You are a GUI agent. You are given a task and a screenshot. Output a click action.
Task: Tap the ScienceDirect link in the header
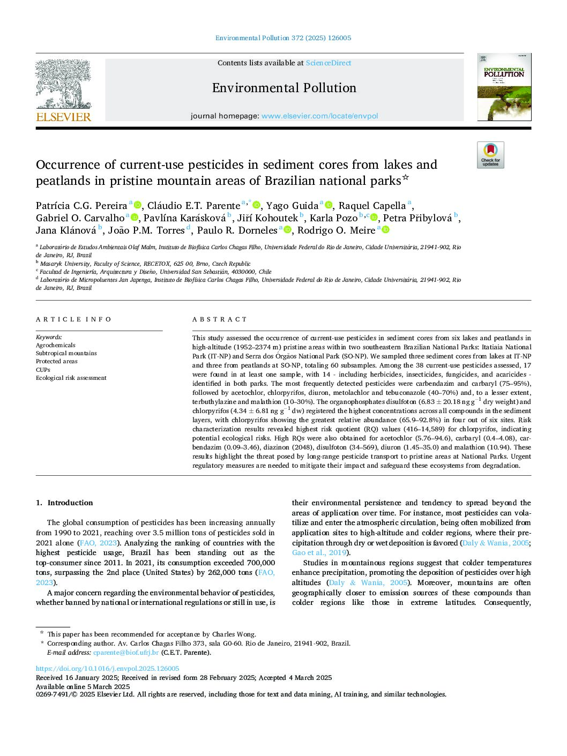[329, 63]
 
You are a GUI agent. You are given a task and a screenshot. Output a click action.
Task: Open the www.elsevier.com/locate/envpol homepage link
[319, 116]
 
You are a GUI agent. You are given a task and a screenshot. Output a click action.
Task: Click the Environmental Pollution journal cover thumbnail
[504, 87]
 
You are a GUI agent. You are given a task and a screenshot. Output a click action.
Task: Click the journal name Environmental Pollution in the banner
[284, 88]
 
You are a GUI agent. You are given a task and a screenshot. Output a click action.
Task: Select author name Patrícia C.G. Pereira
[81, 206]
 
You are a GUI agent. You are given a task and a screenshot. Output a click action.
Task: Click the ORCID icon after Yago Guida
[329, 205]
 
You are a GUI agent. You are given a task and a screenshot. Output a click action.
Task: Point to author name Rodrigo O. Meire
[337, 230]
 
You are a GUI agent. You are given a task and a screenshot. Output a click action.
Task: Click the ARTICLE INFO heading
[74, 319]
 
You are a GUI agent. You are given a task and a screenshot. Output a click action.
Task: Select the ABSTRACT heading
[220, 319]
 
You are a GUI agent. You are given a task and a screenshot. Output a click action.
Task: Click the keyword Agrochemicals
[56, 346]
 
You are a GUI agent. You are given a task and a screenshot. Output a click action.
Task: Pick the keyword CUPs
[43, 370]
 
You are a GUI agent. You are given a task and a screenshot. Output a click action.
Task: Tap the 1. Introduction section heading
[64, 503]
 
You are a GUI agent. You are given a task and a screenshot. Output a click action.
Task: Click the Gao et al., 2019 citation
[319, 552]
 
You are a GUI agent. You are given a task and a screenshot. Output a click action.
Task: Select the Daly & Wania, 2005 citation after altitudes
[368, 582]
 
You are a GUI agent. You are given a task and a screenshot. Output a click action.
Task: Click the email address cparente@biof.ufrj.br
[126, 653]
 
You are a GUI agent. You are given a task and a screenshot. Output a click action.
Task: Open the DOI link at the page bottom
[108, 669]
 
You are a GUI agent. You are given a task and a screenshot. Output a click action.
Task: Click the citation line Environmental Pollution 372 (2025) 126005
[283, 38]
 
